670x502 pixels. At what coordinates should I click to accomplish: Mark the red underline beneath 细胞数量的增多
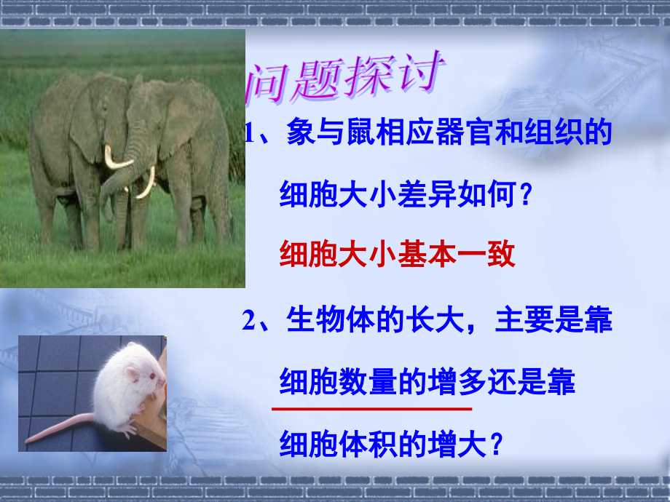point(371,410)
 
